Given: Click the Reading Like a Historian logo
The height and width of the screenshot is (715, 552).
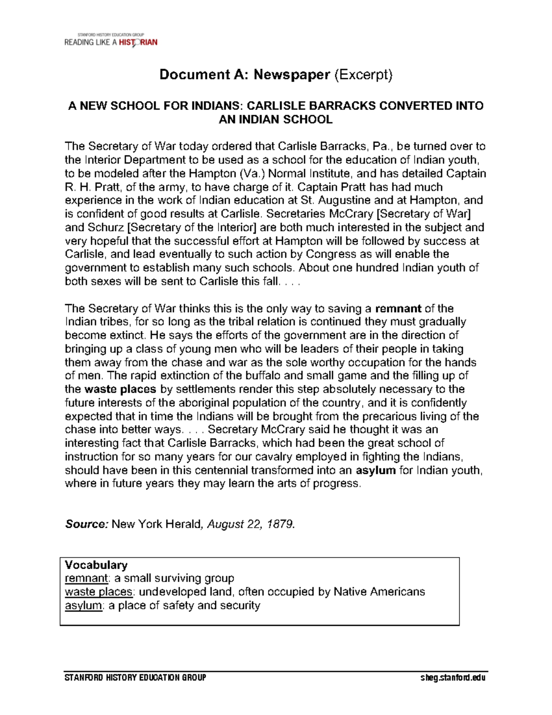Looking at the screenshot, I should [x=111, y=40].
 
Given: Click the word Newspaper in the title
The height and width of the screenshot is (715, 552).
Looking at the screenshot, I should [x=292, y=75].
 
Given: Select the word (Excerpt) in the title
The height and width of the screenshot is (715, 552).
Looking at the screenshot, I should [x=363, y=75].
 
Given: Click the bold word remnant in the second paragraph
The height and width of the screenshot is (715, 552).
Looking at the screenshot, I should [x=398, y=309].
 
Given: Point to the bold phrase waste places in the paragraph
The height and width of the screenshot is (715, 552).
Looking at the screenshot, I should [x=121, y=389].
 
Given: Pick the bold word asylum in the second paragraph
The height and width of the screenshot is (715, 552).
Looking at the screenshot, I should [x=376, y=470].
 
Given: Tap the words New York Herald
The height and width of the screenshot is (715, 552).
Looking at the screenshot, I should [x=156, y=524].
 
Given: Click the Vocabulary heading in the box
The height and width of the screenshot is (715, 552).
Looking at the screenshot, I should [x=96, y=565].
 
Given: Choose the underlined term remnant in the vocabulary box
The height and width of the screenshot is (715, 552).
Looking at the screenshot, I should [x=86, y=578].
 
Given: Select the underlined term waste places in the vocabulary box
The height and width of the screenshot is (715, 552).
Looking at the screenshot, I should [x=98, y=592].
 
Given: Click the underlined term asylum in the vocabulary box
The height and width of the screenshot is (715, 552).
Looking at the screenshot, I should [x=83, y=605].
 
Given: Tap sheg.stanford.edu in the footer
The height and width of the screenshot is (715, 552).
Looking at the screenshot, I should [x=453, y=678].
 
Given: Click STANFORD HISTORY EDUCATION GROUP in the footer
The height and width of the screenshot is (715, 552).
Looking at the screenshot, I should [x=135, y=678].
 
